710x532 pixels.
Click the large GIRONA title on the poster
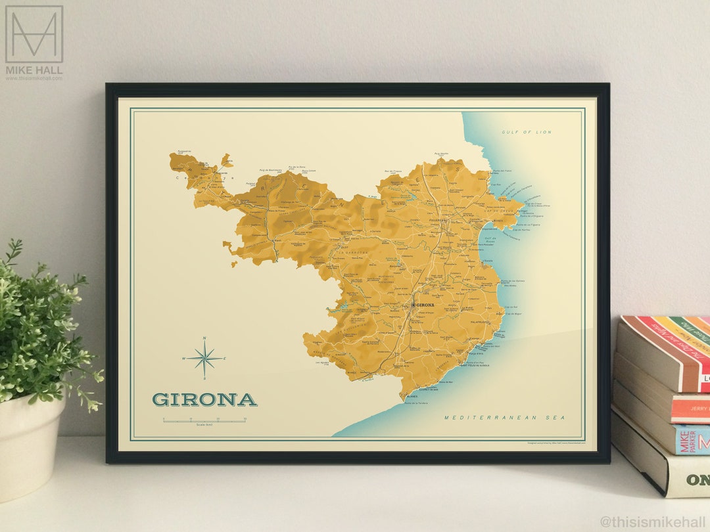click(x=204, y=399)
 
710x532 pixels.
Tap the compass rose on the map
click(x=204, y=359)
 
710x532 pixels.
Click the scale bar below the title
click(x=204, y=420)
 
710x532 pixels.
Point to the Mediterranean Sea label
click(x=504, y=418)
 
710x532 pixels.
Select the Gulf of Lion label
click(x=527, y=133)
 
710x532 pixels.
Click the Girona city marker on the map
click(x=413, y=305)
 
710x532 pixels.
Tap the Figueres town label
click(x=437, y=221)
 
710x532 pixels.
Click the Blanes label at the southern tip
click(x=412, y=397)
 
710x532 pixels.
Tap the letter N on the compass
click(x=204, y=339)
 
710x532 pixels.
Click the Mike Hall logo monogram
click(x=34, y=34)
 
